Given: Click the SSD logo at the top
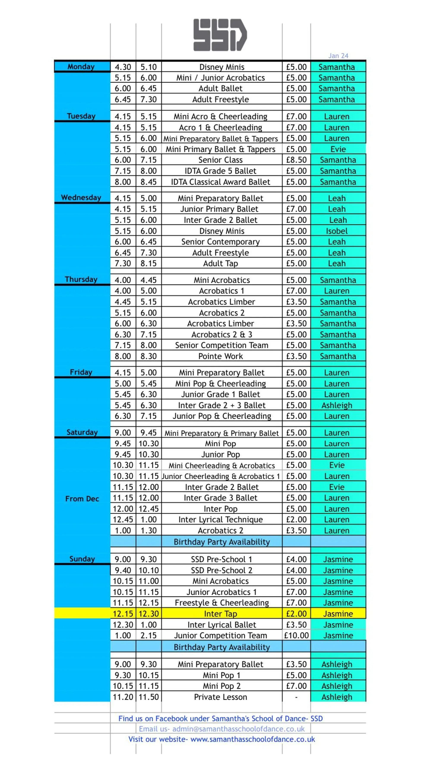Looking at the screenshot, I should click(x=220, y=35).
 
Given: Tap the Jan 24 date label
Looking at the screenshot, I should click(x=338, y=56).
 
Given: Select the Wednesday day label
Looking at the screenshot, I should click(x=81, y=197).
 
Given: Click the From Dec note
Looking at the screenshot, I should click(x=82, y=499).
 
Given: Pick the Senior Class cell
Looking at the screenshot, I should click(x=221, y=160).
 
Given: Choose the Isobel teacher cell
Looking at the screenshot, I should click(x=337, y=231).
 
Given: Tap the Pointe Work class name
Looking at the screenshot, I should click(x=221, y=356).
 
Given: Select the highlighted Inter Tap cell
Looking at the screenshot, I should click(x=221, y=614).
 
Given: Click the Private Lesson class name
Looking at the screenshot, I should click(x=221, y=697).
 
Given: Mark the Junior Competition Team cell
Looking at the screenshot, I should click(x=221, y=635).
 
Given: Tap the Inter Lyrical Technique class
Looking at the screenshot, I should click(x=221, y=520).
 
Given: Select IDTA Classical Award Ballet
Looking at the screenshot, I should click(x=221, y=182).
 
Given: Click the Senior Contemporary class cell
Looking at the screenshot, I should click(x=221, y=242).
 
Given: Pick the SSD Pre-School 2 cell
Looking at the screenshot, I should click(x=221, y=570).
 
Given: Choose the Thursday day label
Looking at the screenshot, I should click(x=81, y=279).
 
